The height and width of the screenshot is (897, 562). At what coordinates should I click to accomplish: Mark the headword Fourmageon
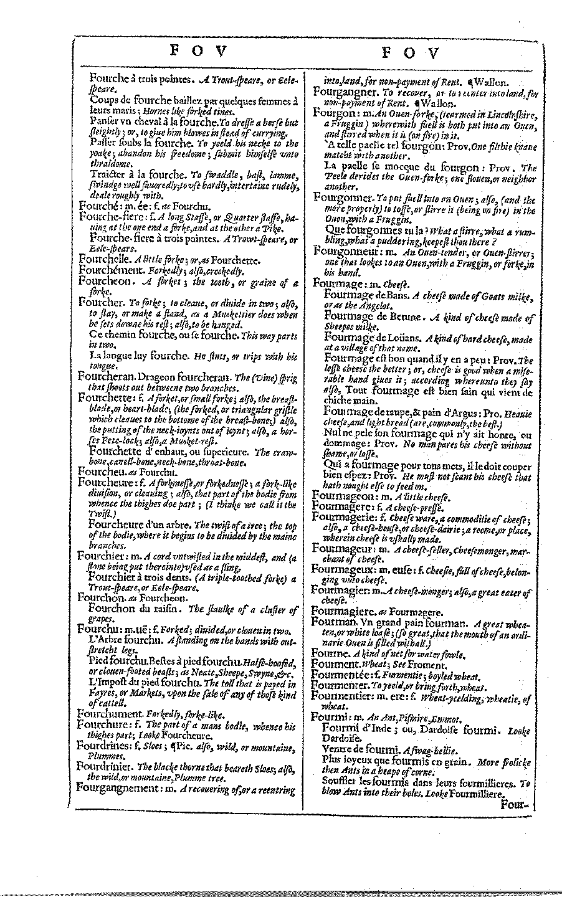click(342, 496)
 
